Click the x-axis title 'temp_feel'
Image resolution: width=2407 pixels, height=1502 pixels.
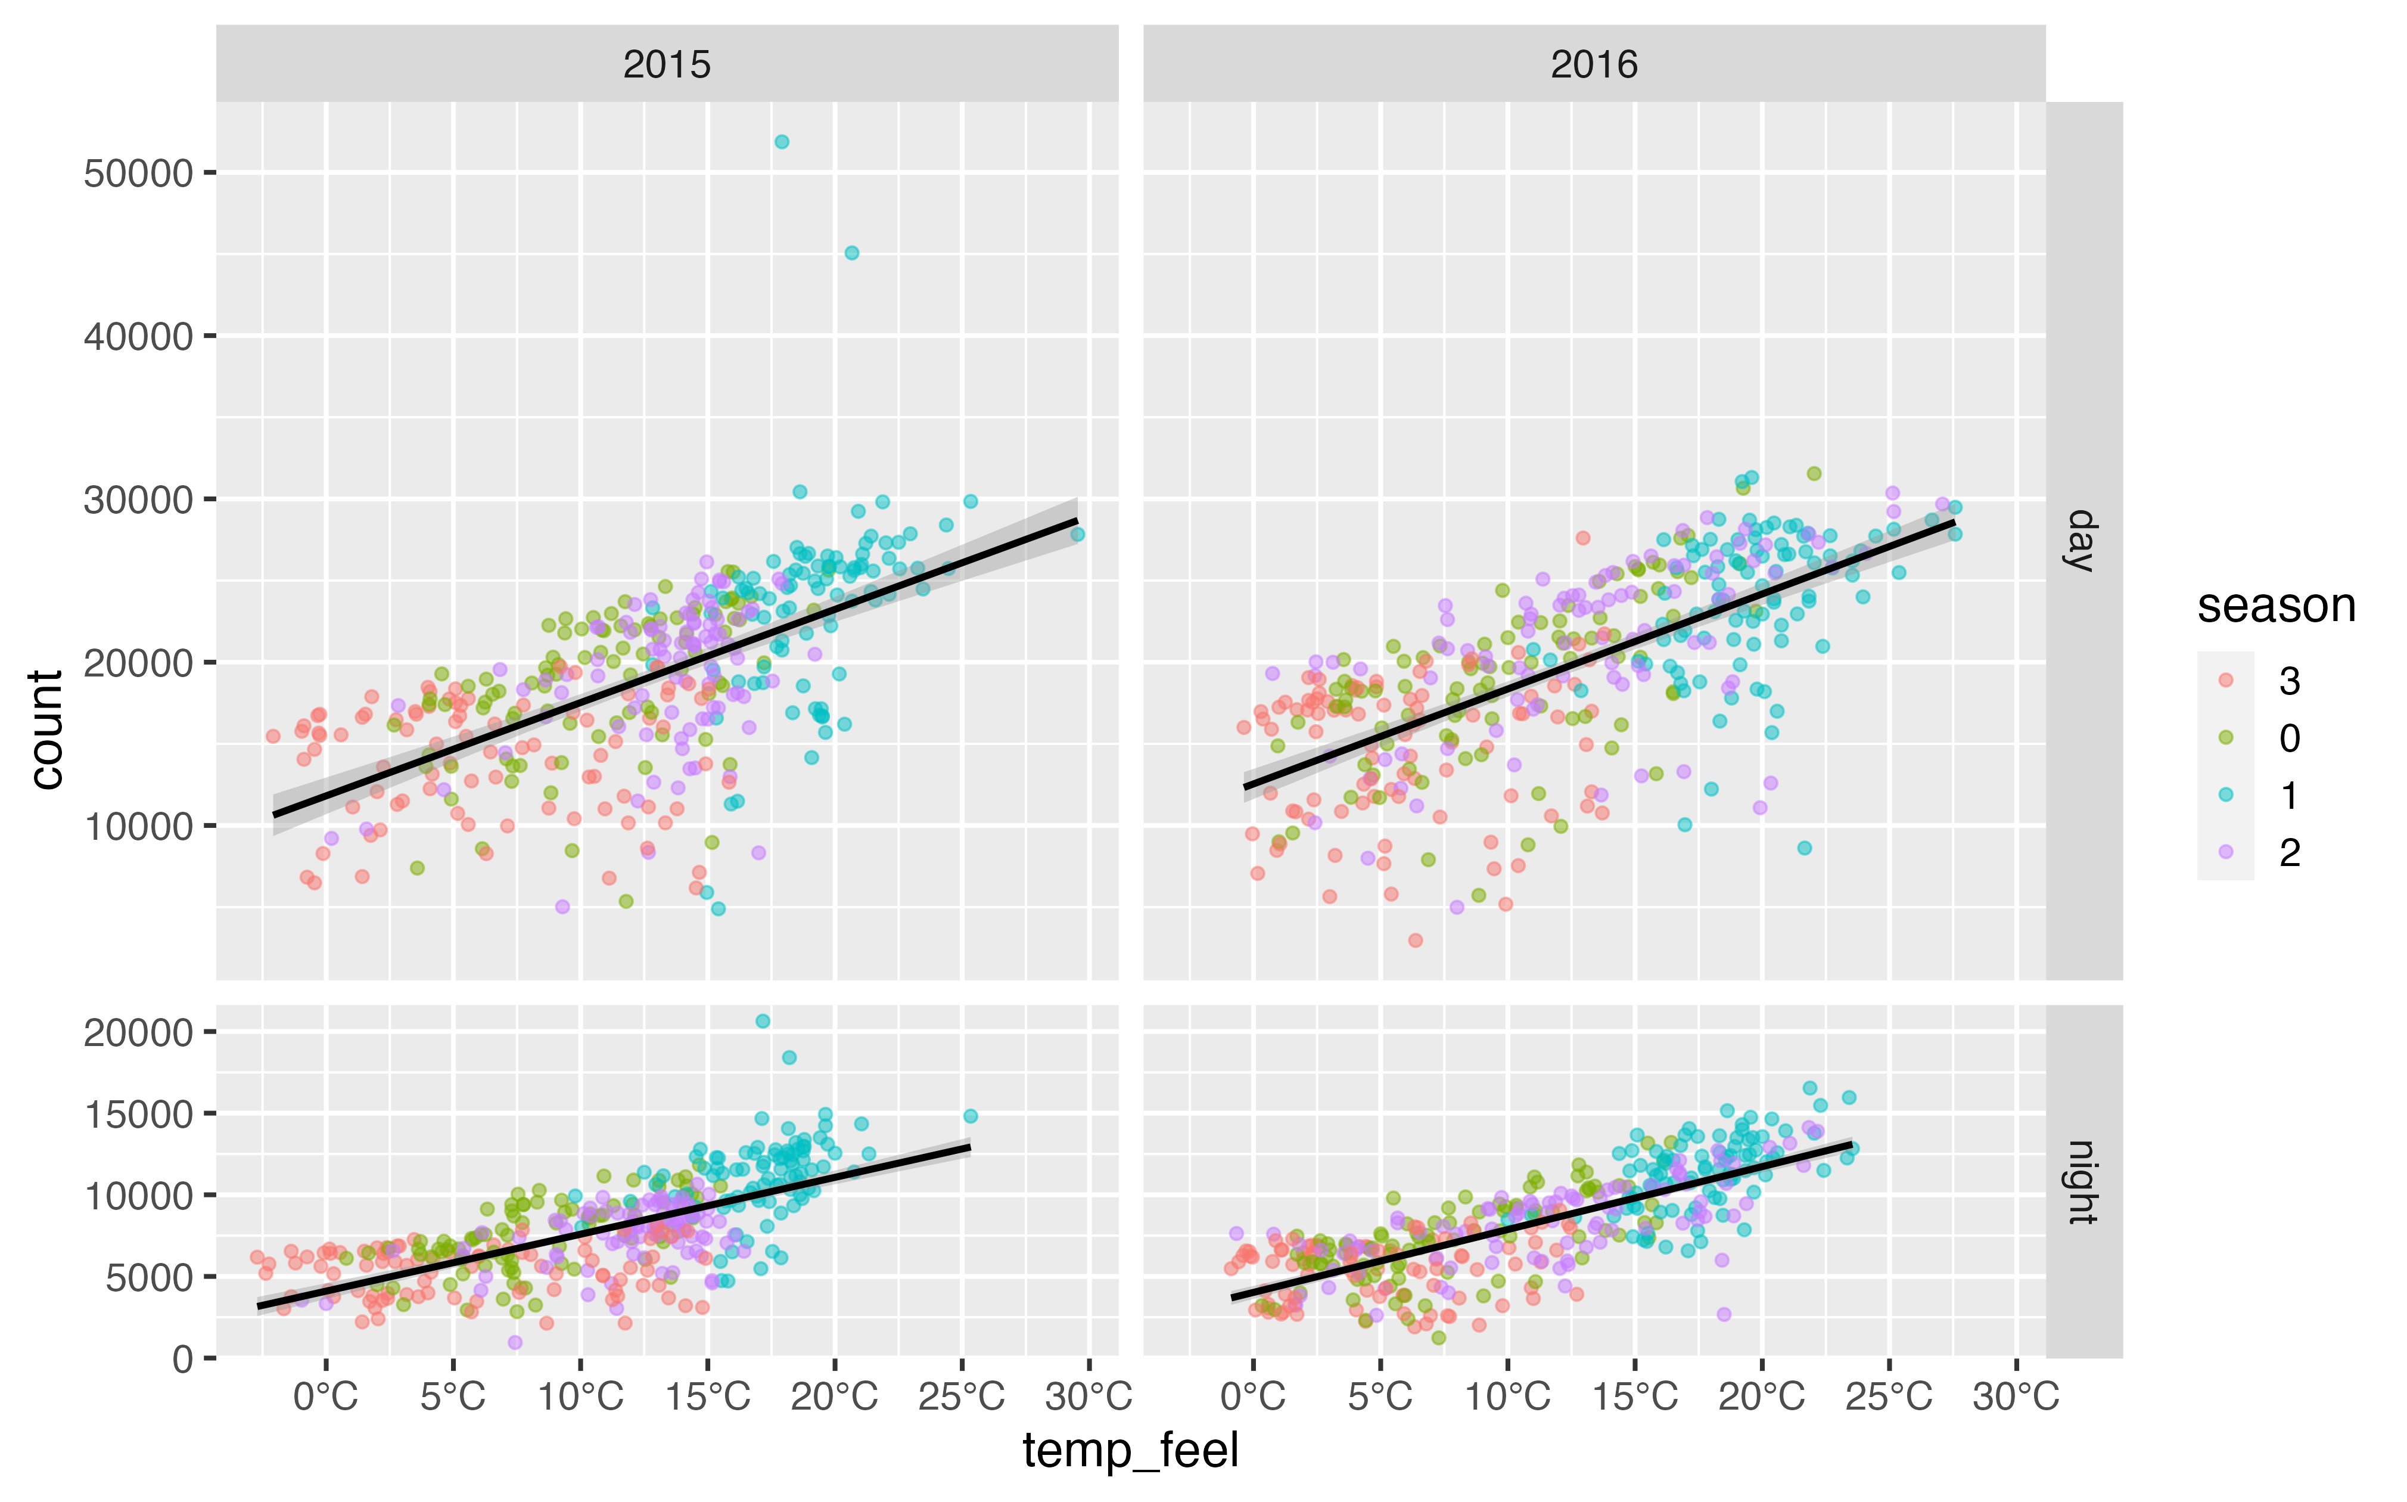pyautogui.click(x=1130, y=1450)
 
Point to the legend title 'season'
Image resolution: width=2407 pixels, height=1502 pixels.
pyautogui.click(x=2276, y=606)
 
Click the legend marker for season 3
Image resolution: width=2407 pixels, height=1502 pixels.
pyautogui.click(x=2225, y=681)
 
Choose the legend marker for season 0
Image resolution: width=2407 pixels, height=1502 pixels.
pyautogui.click(x=2225, y=737)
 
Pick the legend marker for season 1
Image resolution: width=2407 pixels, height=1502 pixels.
pyautogui.click(x=2225, y=795)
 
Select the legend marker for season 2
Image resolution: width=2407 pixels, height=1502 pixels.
pyautogui.click(x=2225, y=851)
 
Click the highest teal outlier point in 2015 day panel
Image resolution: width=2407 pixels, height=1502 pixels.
pyautogui.click(x=782, y=142)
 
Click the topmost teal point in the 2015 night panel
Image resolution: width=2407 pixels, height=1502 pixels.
pyautogui.click(x=763, y=1021)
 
